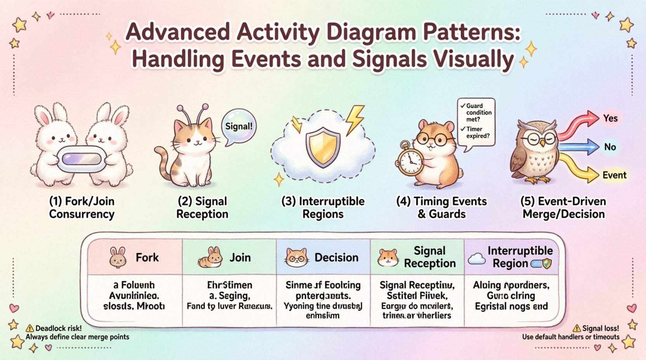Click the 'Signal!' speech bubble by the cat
click(239, 126)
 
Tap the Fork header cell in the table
click(135, 257)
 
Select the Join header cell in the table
click(229, 257)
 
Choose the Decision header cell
click(323, 257)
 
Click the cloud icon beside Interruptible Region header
click(477, 259)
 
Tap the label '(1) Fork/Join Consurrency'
click(82, 208)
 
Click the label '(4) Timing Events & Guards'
click(441, 208)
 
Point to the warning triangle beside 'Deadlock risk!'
click(30, 329)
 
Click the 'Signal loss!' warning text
click(601, 329)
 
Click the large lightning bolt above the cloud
click(355, 119)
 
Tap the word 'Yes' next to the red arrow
click(610, 118)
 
